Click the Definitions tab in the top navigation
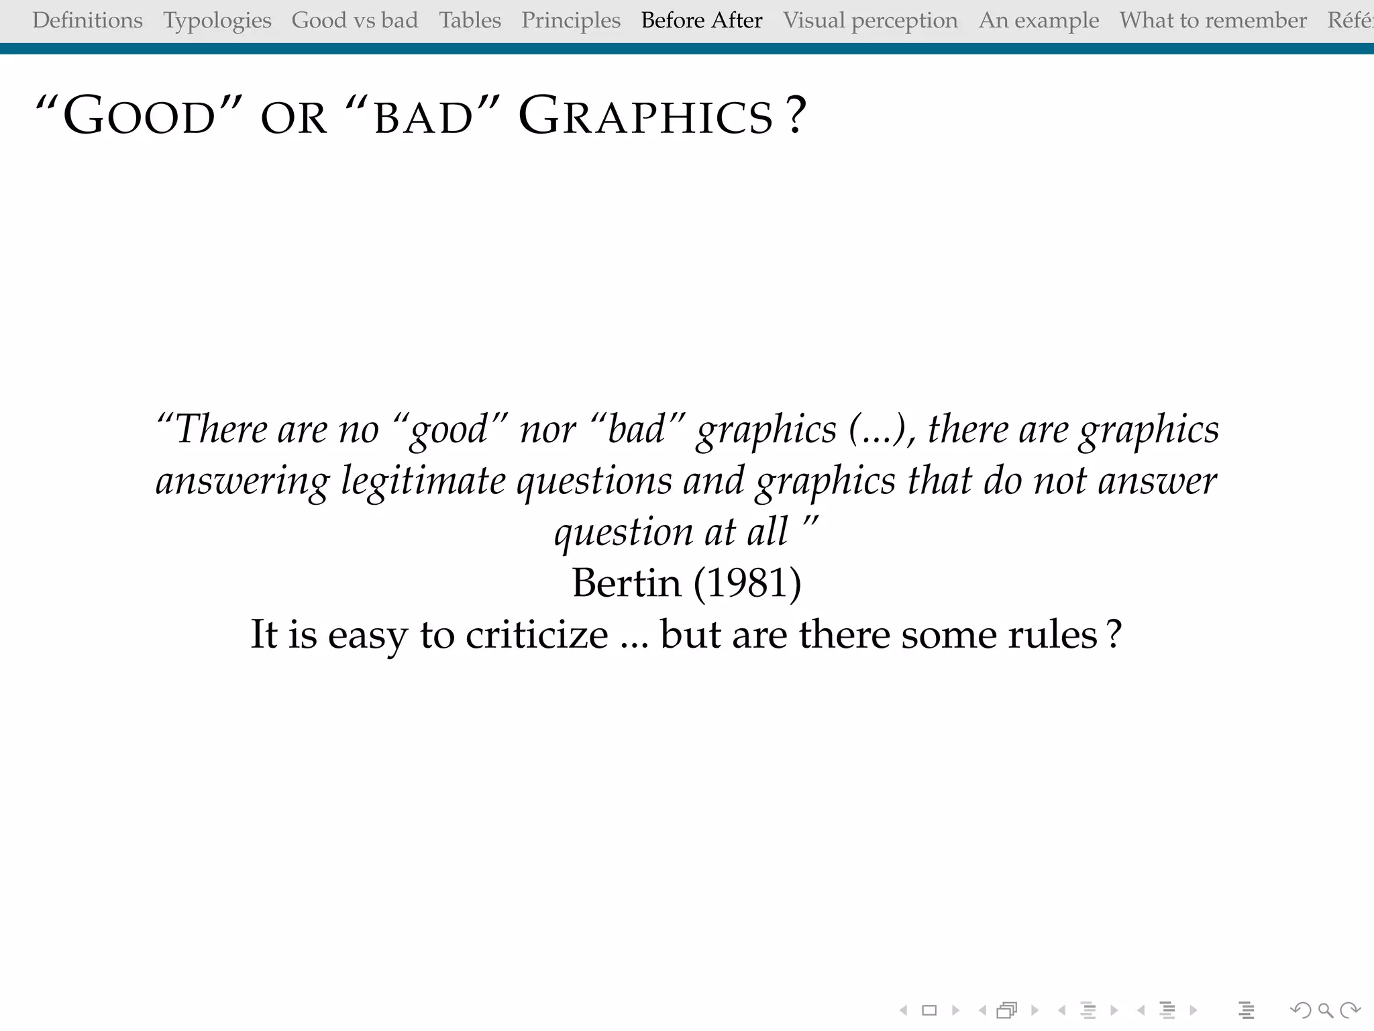(87, 20)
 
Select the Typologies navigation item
(217, 20)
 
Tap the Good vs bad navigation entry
(354, 20)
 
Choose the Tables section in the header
(470, 20)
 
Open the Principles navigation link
(571, 20)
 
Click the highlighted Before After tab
(702, 20)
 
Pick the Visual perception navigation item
(870, 20)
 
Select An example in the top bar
(1039, 20)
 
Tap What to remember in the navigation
(1213, 20)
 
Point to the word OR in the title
(294, 118)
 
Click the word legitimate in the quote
(423, 481)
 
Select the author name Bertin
(626, 583)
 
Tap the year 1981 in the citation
(747, 583)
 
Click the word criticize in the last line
(537, 634)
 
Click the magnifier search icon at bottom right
(1325, 1010)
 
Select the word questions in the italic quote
(594, 481)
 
